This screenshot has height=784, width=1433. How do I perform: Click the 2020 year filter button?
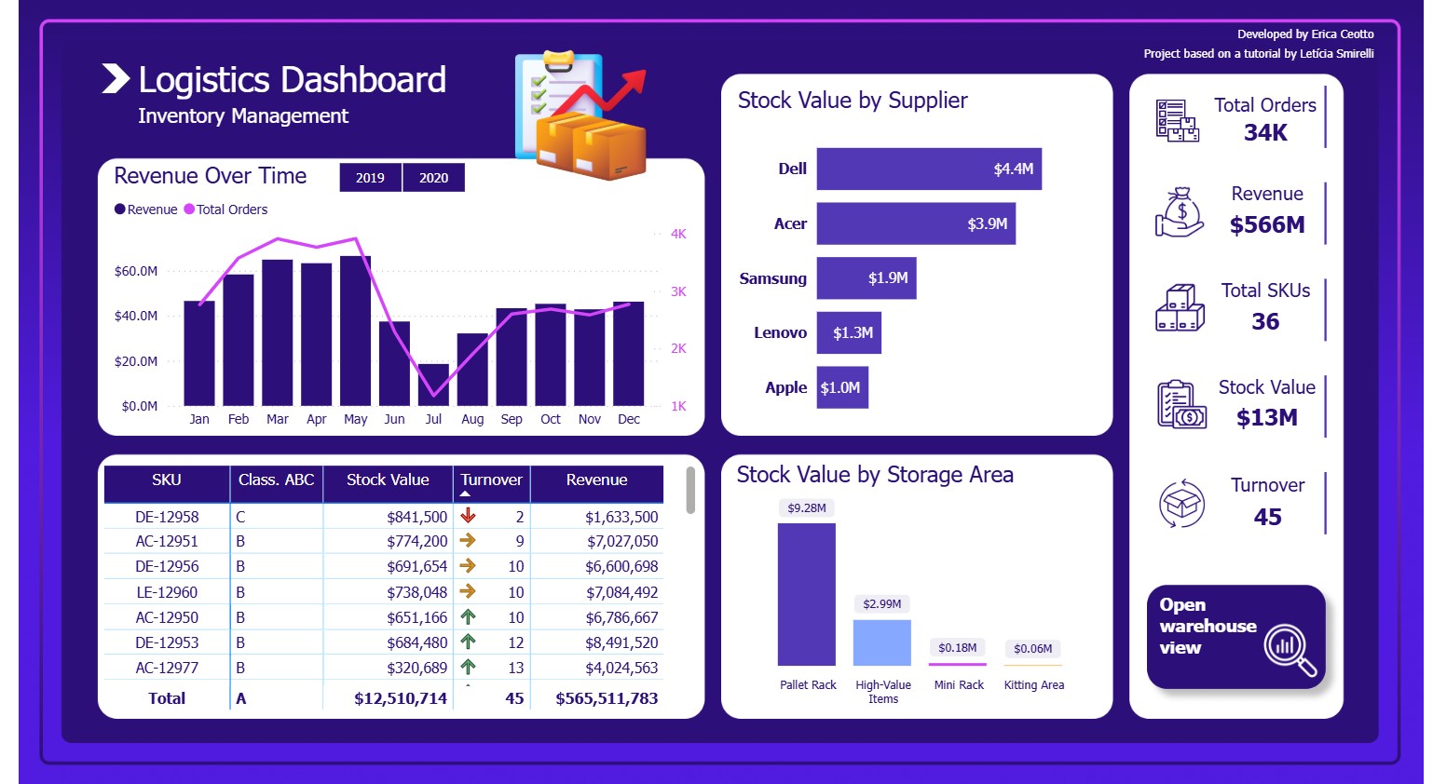433,178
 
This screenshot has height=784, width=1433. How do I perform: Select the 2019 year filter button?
370,178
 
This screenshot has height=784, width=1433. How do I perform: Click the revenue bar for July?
433,385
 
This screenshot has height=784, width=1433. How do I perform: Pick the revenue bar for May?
355,331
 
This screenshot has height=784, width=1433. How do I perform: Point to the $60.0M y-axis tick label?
136,271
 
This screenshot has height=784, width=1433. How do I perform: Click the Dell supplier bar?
928,169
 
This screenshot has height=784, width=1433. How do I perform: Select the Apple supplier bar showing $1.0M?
841,387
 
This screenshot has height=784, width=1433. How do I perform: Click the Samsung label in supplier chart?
772,278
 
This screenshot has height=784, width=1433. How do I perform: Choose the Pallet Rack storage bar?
806,594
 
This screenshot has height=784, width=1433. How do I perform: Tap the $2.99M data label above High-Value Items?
881,604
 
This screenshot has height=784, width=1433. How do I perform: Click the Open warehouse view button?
1235,637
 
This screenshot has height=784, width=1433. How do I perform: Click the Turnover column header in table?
491,480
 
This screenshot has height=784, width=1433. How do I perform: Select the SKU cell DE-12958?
167,517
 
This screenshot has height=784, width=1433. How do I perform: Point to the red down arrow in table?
468,516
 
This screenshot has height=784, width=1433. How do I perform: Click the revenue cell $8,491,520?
621,642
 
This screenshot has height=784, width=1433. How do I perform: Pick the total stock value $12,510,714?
401,698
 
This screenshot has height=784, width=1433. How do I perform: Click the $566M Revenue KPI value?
1266,225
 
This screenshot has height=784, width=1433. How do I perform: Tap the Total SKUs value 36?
1264,322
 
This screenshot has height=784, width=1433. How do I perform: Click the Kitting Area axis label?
1033,685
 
